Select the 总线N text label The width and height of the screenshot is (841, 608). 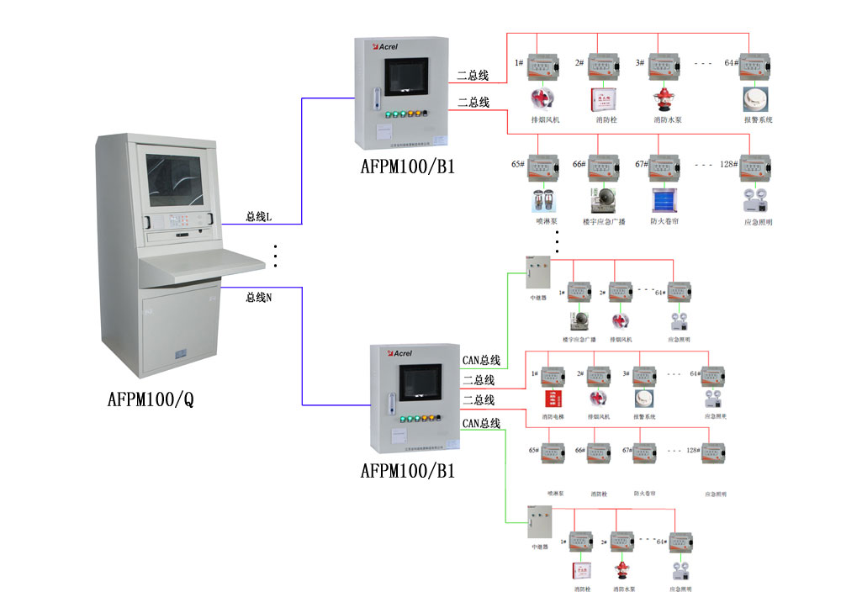coord(258,297)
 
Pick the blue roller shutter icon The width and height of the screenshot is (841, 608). coord(664,199)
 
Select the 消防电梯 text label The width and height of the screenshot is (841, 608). coord(553,416)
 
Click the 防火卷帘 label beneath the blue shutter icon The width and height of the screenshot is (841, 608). coord(664,222)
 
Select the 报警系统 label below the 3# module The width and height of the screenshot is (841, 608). coord(645,416)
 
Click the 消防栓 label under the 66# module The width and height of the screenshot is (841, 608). coord(599,494)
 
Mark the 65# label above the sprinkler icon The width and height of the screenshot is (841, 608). coord(518,164)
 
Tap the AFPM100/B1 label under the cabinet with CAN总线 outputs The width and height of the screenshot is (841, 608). coord(407,471)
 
